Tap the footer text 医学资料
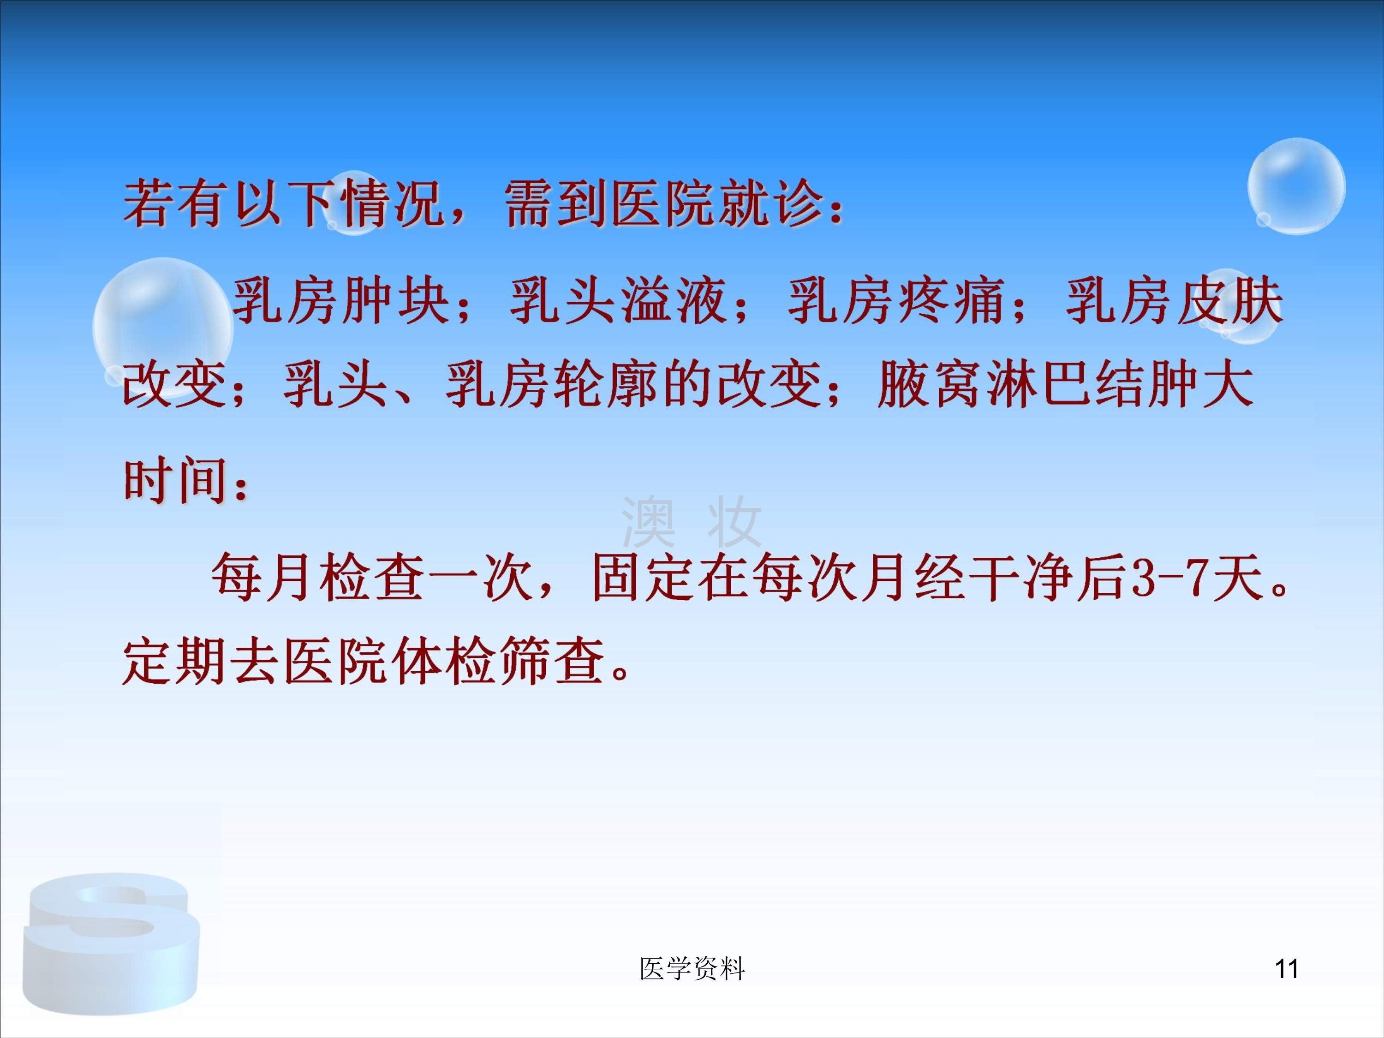(692, 969)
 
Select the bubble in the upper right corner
(1296, 186)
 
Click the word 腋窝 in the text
(929, 384)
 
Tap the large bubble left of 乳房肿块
(163, 327)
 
